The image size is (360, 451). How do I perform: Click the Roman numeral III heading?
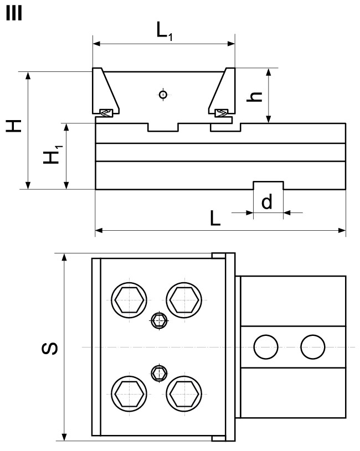coord(13,13)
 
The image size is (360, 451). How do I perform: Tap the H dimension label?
coord(15,126)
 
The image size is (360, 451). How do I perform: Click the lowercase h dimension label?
coord(254,96)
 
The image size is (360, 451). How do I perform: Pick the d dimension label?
coord(267,203)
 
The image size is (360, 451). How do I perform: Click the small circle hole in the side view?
coord(162,94)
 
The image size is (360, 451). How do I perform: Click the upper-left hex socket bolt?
coord(128,300)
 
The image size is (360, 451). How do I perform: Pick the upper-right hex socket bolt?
coord(184,300)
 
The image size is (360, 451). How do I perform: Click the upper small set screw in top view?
coord(159,320)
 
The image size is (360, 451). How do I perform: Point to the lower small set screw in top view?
coord(159,373)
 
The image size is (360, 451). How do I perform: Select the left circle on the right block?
coord(264,347)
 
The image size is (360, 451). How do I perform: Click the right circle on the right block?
coord(311,347)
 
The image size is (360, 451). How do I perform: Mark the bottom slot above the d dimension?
coord(268,185)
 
